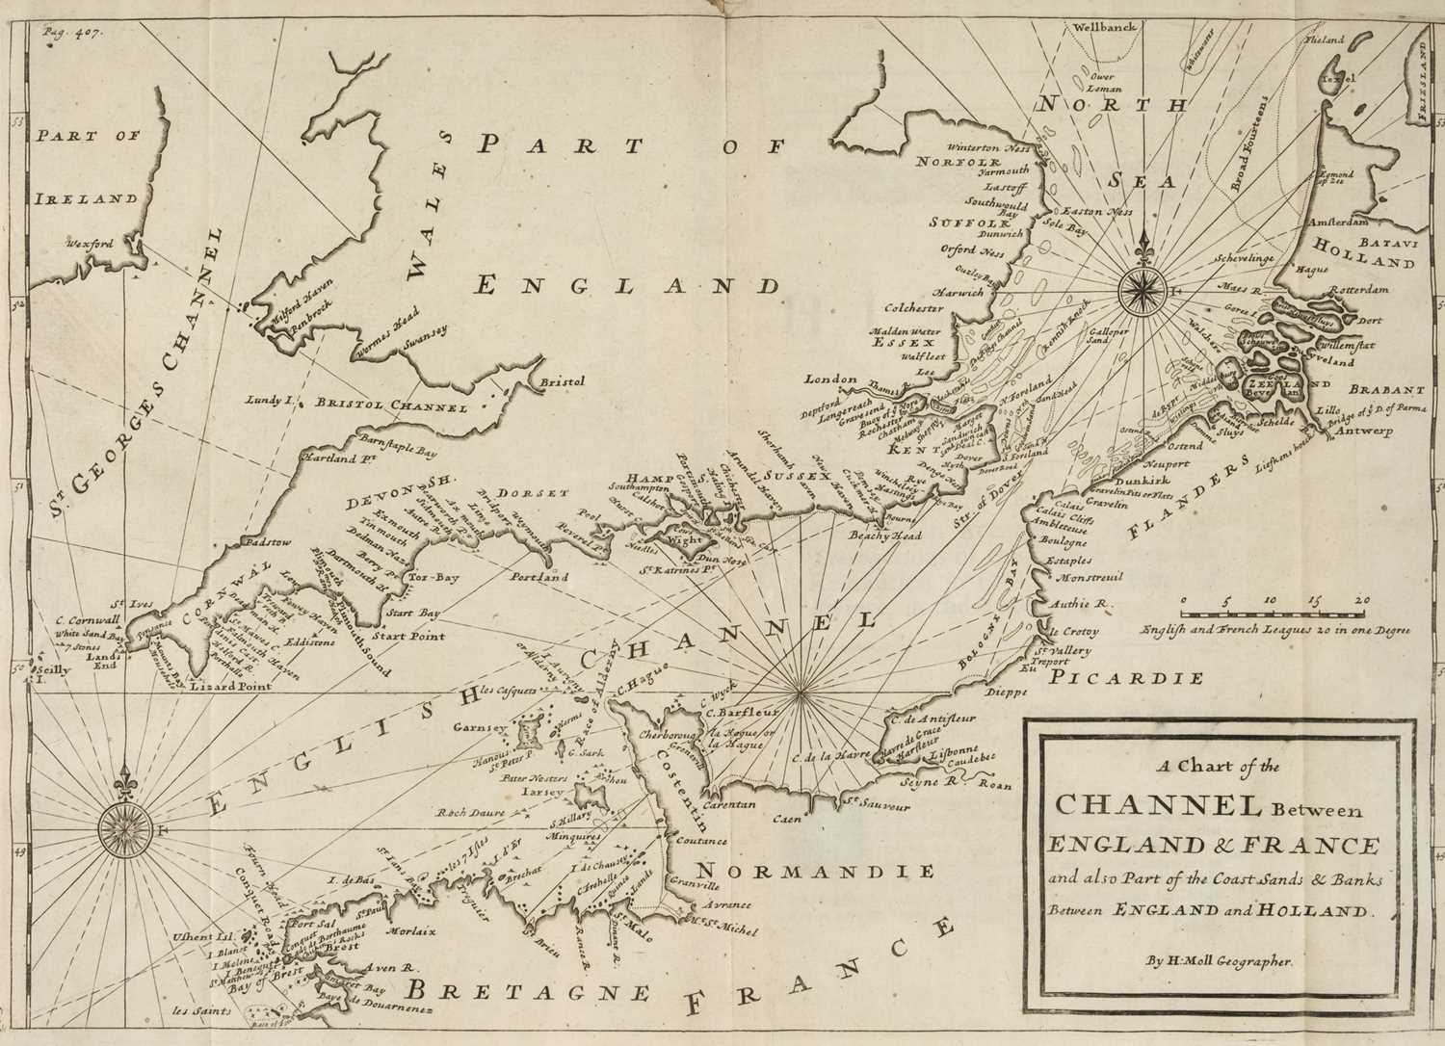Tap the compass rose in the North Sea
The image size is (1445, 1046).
1143,286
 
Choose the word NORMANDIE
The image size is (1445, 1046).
816,872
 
